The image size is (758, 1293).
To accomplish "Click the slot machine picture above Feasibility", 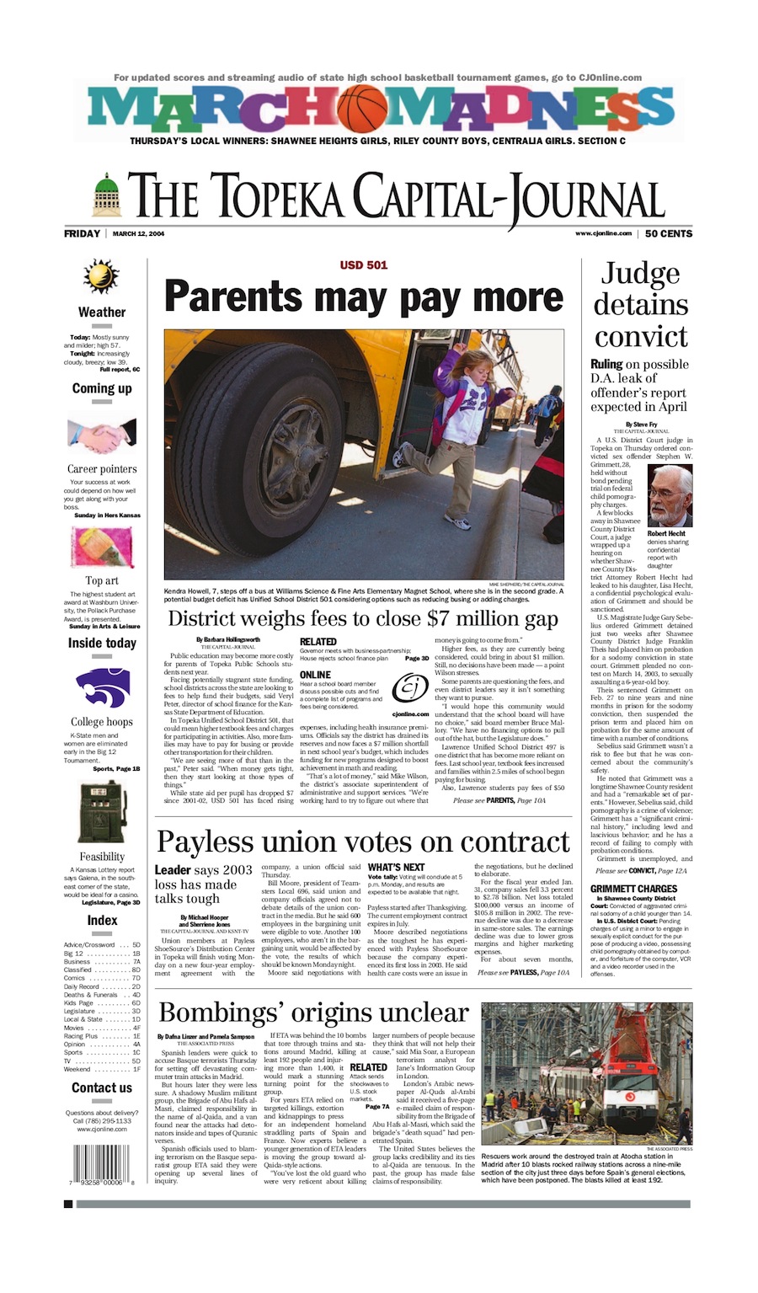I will [100, 811].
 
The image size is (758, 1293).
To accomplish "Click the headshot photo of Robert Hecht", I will [670, 495].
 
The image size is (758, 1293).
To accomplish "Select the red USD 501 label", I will [364, 264].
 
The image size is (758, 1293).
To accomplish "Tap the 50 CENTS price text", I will [669, 233].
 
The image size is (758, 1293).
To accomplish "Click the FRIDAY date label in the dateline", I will [82, 233].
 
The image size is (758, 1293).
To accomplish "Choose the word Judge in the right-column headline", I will [640, 274].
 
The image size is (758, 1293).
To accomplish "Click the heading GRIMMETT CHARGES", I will [633, 889].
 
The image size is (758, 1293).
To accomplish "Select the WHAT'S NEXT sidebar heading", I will [396, 867].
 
